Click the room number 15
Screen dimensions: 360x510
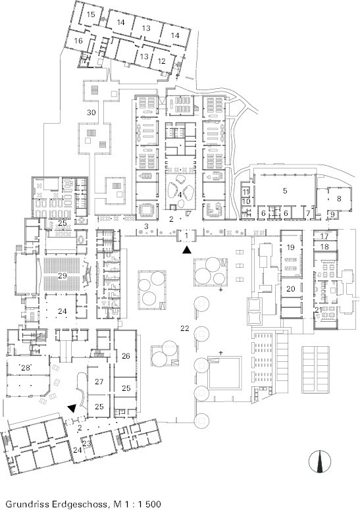pos(91,14)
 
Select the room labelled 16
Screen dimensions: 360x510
pos(78,41)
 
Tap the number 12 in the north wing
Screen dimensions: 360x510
pos(162,61)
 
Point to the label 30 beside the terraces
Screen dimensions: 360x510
pos(91,113)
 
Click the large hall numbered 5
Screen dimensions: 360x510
pos(285,191)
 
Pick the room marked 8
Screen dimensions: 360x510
pos(339,198)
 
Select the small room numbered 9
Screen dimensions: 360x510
pos(332,215)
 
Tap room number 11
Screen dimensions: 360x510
pos(246,191)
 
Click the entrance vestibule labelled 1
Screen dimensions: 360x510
pos(186,235)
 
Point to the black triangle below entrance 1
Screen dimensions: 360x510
pos(186,250)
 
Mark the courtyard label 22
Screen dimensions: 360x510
pos(185,328)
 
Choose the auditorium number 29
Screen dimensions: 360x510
pos(63,276)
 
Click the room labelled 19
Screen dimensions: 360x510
pos(290,247)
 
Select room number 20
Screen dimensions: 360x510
pos(291,288)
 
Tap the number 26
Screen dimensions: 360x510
pos(126,356)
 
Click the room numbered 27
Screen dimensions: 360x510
pos(99,382)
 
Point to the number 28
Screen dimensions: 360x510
pos(26,368)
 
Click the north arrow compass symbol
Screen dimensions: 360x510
pos(320,461)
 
